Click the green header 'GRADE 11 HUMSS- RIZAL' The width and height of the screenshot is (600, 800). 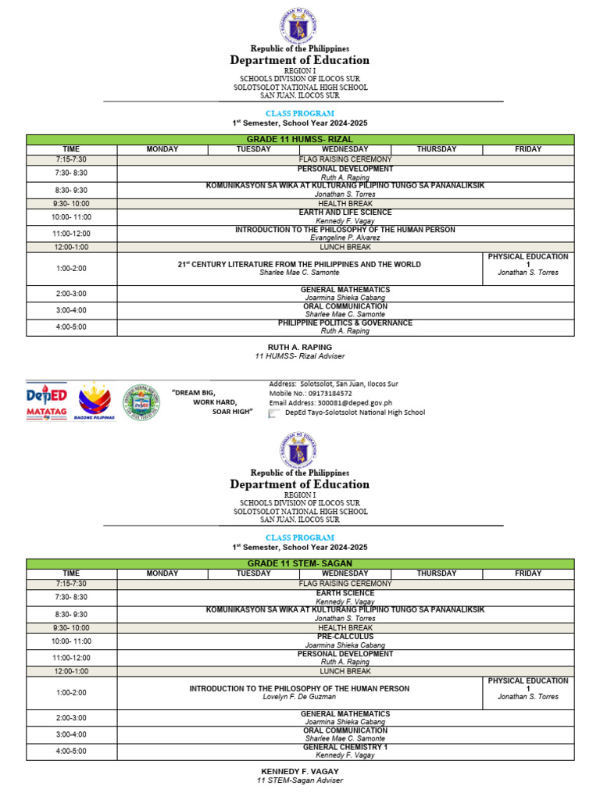pos(300,139)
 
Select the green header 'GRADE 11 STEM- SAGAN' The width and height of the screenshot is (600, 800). pos(300,563)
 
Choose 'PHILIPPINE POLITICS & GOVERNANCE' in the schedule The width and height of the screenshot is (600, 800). pos(345,323)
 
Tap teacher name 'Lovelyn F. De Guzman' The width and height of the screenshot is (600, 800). pos(299,697)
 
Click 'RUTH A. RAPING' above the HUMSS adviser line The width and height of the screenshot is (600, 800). pos(300,347)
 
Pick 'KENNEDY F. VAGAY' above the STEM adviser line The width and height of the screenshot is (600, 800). pos(300,771)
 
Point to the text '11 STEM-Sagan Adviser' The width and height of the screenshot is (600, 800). pos(300,780)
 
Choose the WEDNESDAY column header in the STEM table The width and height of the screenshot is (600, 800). pos(345,573)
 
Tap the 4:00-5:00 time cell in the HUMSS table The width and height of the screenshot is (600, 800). pos(71,327)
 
